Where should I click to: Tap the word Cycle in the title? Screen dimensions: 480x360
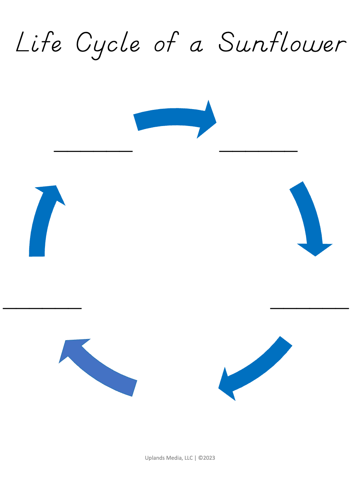pos(108,44)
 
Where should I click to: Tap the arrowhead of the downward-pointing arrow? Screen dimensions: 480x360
pos(315,249)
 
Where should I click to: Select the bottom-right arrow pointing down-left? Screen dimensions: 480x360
pos(255,369)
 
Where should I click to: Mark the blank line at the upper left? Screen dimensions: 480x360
pos(93,151)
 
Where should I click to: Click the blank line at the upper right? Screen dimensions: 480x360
pos(258,151)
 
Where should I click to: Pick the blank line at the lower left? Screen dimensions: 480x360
pos(42,308)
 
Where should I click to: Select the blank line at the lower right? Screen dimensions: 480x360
pos(309,308)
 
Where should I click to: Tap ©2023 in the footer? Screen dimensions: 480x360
pos(207,458)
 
